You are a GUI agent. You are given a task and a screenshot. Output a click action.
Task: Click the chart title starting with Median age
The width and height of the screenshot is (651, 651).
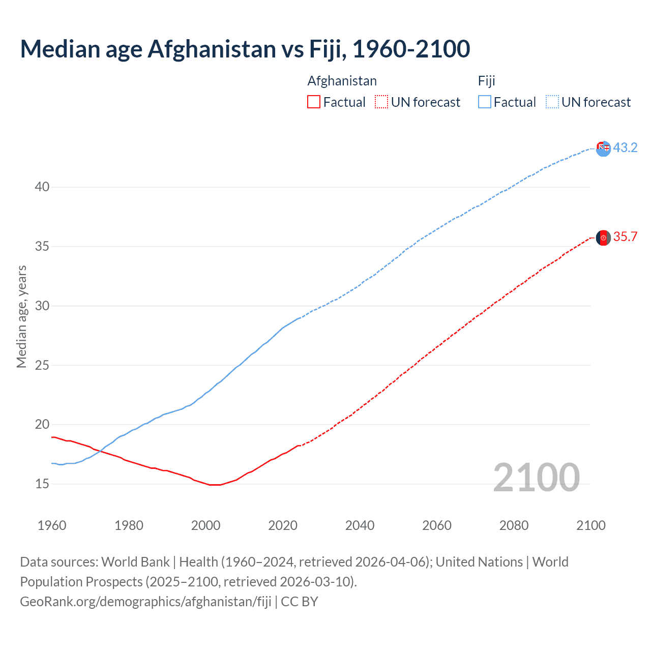(x=245, y=49)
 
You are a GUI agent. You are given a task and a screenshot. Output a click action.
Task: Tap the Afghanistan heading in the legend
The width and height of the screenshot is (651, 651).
(x=342, y=81)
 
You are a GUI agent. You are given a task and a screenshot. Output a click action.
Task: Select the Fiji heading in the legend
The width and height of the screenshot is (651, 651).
(x=486, y=81)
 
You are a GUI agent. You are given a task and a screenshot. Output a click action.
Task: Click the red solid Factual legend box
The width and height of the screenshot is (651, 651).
(x=314, y=102)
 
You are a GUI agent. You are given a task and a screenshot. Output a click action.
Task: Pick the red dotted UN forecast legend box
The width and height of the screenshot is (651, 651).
(x=381, y=102)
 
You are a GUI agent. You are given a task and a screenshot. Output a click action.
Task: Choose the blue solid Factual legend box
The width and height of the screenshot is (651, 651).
(x=485, y=102)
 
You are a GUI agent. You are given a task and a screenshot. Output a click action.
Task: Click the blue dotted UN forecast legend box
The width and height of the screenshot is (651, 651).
(x=552, y=102)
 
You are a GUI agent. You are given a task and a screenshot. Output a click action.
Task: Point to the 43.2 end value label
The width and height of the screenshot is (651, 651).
(x=625, y=147)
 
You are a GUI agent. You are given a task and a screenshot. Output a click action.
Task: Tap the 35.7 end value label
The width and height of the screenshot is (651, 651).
(x=625, y=237)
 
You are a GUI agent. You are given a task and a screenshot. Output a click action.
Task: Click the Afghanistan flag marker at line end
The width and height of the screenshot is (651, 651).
(x=603, y=238)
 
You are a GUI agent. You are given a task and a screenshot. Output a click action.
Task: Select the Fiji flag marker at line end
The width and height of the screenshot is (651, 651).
(x=603, y=149)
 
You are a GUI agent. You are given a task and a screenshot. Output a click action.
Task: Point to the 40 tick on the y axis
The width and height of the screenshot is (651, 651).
(x=42, y=187)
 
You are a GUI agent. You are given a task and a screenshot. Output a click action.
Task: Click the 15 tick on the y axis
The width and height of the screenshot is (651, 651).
(x=42, y=484)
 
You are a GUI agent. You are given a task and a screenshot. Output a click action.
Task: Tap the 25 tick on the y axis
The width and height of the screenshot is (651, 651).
(x=42, y=365)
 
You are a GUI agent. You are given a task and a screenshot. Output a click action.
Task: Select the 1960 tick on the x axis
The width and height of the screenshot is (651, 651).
(x=52, y=525)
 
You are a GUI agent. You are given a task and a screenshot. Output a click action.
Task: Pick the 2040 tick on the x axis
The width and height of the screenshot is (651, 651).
(x=360, y=525)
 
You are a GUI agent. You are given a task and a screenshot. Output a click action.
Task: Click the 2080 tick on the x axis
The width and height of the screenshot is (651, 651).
(x=514, y=525)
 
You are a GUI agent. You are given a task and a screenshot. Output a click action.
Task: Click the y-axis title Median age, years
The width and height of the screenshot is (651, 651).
(x=21, y=316)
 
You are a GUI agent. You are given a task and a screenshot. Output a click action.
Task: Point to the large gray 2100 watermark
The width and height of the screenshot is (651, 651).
(x=536, y=477)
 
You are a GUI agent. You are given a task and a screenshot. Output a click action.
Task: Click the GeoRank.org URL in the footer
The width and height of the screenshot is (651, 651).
(x=145, y=602)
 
